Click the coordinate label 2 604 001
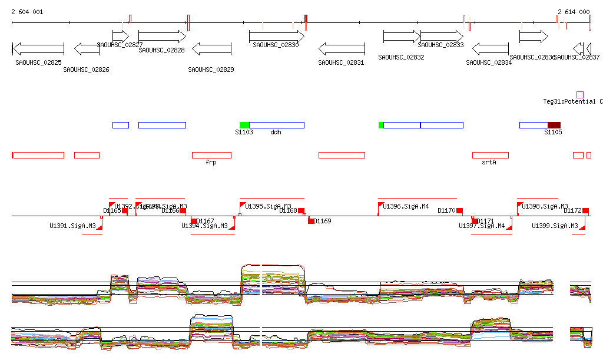27,12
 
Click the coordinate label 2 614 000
574,12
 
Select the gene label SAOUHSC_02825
39,62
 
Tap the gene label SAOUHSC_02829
211,70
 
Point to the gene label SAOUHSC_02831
341,63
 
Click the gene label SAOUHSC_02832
401,57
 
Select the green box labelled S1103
244,125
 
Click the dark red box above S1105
554,125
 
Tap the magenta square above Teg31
580,95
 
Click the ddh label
276,133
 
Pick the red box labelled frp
211,155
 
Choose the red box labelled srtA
490,155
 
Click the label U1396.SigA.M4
406,206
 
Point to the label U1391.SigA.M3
72,226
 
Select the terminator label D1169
322,221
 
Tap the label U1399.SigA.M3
555,226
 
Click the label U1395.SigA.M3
268,206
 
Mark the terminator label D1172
572,210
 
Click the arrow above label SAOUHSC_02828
162,37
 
